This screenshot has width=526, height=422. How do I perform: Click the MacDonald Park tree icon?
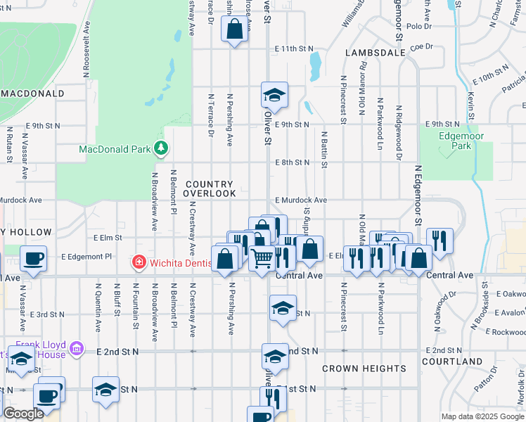point(162,148)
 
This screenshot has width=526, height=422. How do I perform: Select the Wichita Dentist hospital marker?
point(139,263)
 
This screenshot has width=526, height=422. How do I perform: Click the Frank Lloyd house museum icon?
point(77,348)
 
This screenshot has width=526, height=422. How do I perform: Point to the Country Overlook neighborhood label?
point(210,188)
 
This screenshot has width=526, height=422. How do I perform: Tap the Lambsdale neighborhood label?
point(376,53)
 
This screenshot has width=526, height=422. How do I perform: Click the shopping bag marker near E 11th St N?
point(235,30)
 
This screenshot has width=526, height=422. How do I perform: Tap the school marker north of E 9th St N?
point(274,95)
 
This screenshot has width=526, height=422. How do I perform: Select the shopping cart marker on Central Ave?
point(262,259)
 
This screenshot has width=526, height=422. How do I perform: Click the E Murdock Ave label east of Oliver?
point(301,200)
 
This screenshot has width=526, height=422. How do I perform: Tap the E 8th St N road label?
point(292,162)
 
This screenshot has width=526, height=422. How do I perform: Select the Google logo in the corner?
point(23,414)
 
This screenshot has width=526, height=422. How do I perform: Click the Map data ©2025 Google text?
point(482,416)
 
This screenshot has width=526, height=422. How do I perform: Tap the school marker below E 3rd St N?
point(283,309)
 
